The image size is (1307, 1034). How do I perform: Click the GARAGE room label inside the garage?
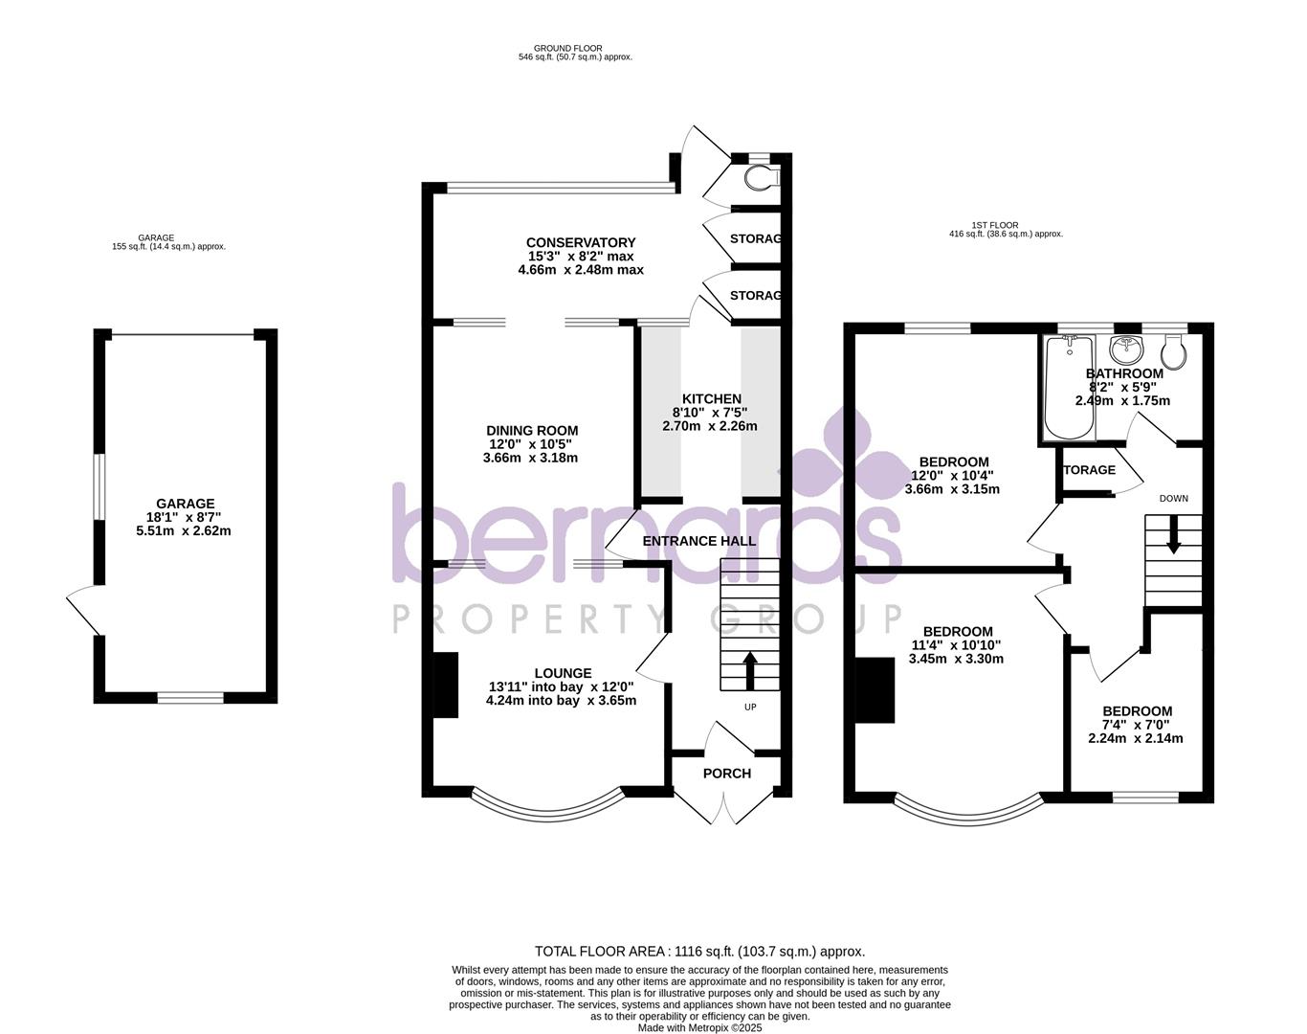pyautogui.click(x=186, y=504)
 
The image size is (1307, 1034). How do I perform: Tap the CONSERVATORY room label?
pyautogui.click(x=581, y=242)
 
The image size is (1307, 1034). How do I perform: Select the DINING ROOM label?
pyautogui.click(x=532, y=431)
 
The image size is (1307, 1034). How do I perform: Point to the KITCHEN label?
pyautogui.click(x=711, y=398)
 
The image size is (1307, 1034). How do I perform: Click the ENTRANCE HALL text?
pyautogui.click(x=699, y=541)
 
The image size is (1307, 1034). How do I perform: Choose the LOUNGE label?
pyautogui.click(x=563, y=673)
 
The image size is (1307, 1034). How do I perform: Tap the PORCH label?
pyautogui.click(x=727, y=774)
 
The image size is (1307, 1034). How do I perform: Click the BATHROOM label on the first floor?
pyautogui.click(x=1124, y=373)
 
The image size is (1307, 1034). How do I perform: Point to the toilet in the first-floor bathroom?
pyautogui.click(x=1174, y=351)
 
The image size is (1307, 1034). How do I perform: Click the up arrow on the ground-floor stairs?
pyautogui.click(x=749, y=671)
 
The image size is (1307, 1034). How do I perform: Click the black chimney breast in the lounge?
pyautogui.click(x=445, y=684)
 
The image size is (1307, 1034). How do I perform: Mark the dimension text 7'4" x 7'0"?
pyautogui.click(x=1137, y=725)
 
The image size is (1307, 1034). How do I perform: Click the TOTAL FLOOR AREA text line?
pyautogui.click(x=699, y=951)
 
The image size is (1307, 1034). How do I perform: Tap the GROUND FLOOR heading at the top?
pyautogui.click(x=568, y=48)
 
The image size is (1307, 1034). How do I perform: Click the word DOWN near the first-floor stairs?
pyautogui.click(x=1173, y=498)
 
